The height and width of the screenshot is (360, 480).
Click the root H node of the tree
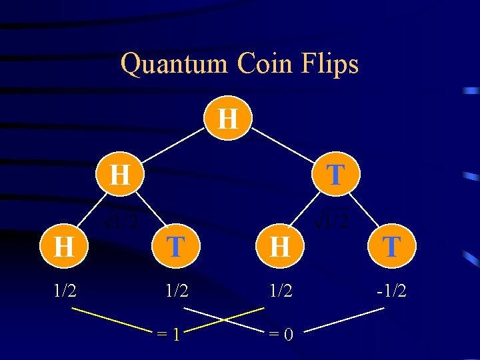pyautogui.click(x=228, y=119)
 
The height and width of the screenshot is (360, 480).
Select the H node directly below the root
pyautogui.click(x=119, y=175)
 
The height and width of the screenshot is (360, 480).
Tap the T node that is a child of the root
pyautogui.click(x=336, y=175)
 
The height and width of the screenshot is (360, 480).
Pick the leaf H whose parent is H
pyautogui.click(x=63, y=247)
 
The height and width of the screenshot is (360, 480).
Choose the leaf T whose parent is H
pyautogui.click(x=175, y=247)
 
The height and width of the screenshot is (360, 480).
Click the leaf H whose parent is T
pyautogui.click(x=280, y=247)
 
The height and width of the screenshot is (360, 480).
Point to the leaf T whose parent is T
pyautogui.click(x=391, y=247)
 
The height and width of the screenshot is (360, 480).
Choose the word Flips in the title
pyautogui.click(x=333, y=64)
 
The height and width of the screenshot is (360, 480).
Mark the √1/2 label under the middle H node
pyautogui.click(x=121, y=221)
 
